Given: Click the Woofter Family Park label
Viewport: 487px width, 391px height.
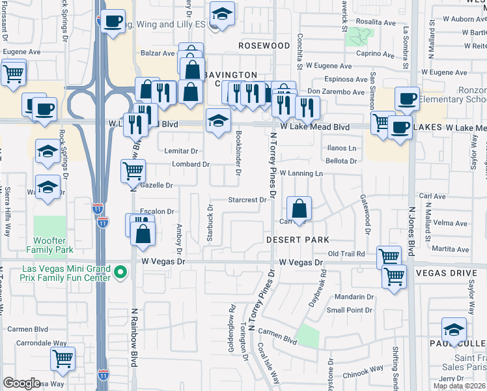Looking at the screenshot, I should [x=49, y=244].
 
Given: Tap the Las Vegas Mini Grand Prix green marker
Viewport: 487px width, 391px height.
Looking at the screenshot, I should [x=120, y=272].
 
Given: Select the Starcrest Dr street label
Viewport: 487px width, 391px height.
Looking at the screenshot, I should [x=248, y=200].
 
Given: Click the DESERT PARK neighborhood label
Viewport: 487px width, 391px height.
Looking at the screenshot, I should [x=297, y=240].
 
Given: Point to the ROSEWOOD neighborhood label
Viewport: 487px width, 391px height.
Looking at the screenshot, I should [x=264, y=46].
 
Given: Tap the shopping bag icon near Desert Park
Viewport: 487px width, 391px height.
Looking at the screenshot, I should [x=299, y=210].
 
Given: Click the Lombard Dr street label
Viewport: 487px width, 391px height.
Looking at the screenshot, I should [x=190, y=164].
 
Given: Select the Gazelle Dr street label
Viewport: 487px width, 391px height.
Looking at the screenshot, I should [x=156, y=186].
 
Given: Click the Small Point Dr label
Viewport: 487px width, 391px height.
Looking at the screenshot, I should [x=350, y=310].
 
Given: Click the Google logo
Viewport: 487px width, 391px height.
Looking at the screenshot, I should [x=21, y=383].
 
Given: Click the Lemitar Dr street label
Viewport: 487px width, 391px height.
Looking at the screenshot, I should [x=181, y=151].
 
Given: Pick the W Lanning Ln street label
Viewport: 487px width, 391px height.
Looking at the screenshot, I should [x=301, y=173].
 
